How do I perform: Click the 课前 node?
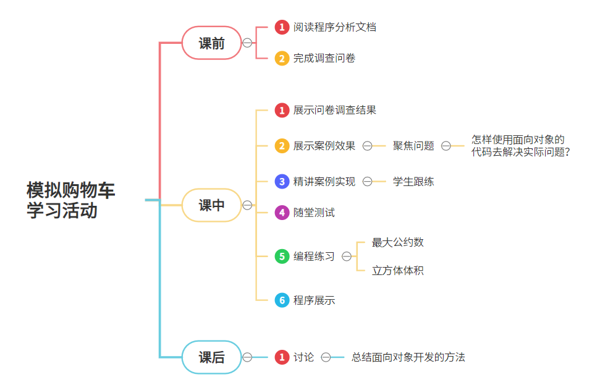click(211, 43)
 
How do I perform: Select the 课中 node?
click(211, 205)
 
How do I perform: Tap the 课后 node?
click(211, 357)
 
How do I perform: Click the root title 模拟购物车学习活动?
click(70, 200)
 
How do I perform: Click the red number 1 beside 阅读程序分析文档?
click(282, 27)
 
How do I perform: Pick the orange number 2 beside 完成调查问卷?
click(282, 58)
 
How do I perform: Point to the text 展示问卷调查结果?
click(334, 110)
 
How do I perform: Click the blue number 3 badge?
click(282, 182)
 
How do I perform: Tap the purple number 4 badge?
click(282, 213)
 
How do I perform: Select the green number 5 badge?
click(282, 256)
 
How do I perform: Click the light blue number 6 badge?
click(282, 300)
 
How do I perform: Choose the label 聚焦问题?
click(413, 146)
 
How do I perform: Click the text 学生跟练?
click(413, 182)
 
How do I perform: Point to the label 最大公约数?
click(397, 242)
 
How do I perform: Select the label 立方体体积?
click(397, 271)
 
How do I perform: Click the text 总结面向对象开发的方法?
click(408, 357)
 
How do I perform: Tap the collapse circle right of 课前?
click(247, 43)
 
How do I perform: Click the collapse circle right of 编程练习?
click(347, 256)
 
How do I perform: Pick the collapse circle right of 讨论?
click(326, 357)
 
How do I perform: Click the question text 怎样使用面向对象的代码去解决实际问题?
click(519, 146)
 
